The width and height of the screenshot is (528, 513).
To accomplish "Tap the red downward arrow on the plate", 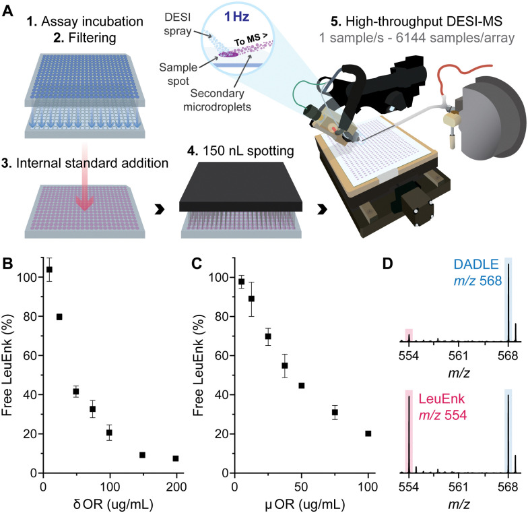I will pyautogui.click(x=83, y=195).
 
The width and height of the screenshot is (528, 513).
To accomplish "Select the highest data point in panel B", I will pyautogui.click(x=49, y=270).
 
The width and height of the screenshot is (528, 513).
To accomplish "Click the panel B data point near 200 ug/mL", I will pyautogui.click(x=176, y=458).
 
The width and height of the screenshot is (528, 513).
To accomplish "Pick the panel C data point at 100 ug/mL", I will pyautogui.click(x=368, y=433).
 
